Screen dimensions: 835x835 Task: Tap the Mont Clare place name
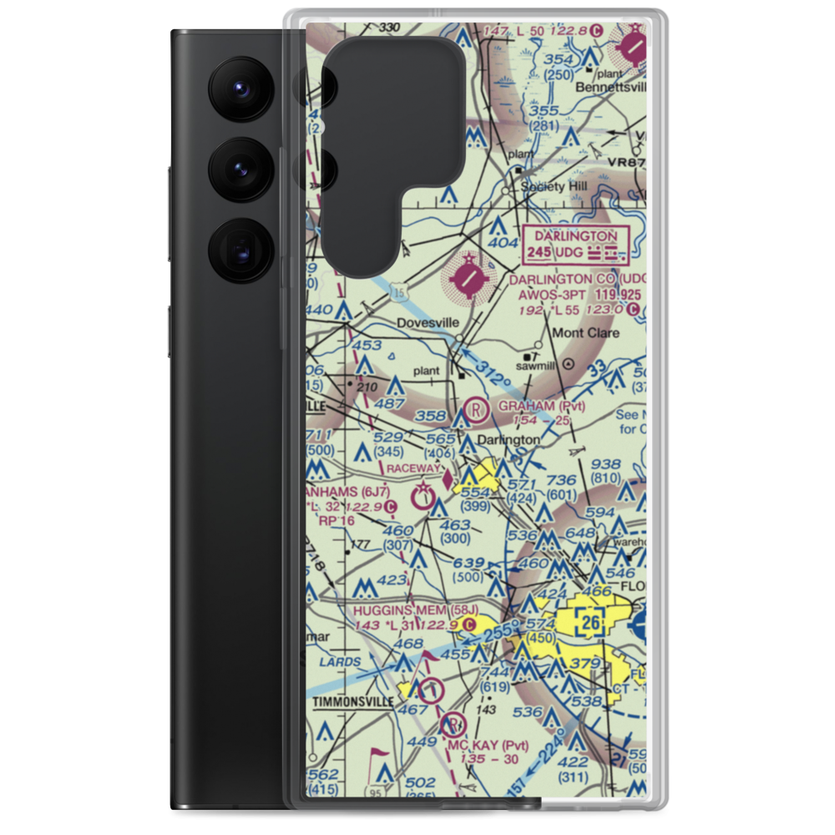[x=587, y=333]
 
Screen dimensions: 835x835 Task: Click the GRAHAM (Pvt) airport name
[x=541, y=407]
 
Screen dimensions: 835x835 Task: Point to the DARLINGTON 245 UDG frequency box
[x=572, y=244]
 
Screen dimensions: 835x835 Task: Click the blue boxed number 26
[x=591, y=621]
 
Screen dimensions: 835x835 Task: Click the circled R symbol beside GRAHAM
[x=475, y=409]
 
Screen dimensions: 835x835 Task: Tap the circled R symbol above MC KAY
[x=455, y=723]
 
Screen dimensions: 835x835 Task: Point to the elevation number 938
[x=605, y=464]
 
